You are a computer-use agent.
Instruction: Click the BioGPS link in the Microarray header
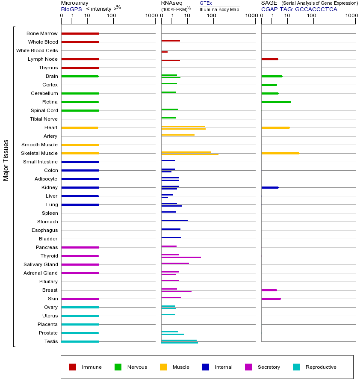pos(71,9)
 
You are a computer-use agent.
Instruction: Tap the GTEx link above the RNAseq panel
pos(206,3)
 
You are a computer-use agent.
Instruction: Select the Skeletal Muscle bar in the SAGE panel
pos(280,153)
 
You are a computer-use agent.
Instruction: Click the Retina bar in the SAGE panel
pos(276,102)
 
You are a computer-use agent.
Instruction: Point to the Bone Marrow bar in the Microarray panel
pos(80,33)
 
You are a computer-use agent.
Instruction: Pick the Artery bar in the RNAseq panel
pos(178,135)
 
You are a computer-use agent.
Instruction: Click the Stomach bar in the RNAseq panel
pos(174,220)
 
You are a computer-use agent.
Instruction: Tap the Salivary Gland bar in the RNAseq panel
pos(175,264)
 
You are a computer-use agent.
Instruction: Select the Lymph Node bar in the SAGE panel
pos(269,59)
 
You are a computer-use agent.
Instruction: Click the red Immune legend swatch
pos(73,367)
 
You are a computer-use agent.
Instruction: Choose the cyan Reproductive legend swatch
pos(296,367)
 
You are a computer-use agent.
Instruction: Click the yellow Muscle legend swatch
pos(163,367)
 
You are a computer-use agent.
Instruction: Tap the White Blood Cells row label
pos(37,50)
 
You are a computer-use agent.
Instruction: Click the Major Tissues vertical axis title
pos(6,160)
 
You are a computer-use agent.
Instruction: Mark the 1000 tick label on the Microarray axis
pos(150,16)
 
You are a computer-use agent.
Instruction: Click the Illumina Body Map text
pos(219,9)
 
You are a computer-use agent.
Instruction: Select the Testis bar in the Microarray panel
pos(80,341)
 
